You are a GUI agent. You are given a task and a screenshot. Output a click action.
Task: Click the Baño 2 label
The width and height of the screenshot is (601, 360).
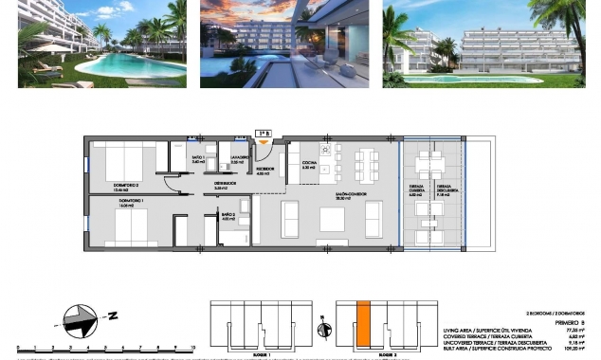point(228,216)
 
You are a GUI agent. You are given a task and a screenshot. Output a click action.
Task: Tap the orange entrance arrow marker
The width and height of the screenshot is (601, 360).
point(264,143)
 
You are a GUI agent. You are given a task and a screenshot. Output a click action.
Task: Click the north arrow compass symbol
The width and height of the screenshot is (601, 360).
point(79,319)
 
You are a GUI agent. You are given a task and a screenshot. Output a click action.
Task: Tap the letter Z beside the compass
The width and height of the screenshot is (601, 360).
point(111,315)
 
